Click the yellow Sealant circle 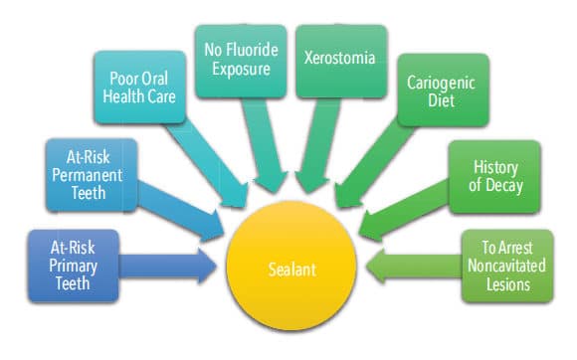291,266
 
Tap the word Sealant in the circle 292,270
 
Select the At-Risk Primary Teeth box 74,266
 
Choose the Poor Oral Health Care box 139,88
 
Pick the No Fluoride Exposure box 241,62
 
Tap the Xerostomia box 341,62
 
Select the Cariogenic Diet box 443,90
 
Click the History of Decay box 495,176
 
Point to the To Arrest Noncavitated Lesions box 507,266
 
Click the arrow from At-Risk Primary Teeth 168,266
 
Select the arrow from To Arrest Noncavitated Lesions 414,266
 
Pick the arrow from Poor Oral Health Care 207,163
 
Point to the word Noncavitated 506,266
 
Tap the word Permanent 88,175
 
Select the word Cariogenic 441,84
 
